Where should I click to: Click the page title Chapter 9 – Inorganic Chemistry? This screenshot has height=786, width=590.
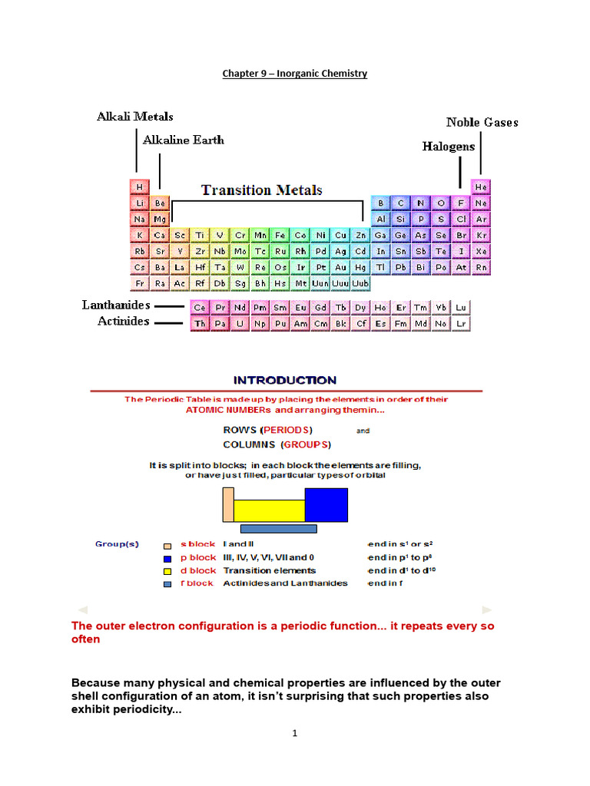coord(295,74)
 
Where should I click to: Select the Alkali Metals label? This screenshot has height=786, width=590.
coord(134,117)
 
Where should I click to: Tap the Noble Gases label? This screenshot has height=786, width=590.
coord(482,122)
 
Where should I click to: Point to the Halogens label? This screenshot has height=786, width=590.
coord(449,146)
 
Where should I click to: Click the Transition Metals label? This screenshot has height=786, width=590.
coord(262,190)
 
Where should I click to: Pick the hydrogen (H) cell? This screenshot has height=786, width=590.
coord(139,187)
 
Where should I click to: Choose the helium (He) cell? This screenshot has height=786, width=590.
coord(481,187)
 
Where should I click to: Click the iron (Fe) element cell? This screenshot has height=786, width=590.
coord(280,235)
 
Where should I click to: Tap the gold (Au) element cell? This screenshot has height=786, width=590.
coord(340,267)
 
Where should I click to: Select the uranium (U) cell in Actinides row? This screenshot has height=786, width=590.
coord(240,324)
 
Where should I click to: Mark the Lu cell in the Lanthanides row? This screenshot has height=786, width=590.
coord(461,307)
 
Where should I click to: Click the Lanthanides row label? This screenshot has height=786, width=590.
coord(116,305)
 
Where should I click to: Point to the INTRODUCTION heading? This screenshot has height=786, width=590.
coord(285,380)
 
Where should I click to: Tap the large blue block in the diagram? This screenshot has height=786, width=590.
coord(326,505)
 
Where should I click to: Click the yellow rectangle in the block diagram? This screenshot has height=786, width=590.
coord(269,510)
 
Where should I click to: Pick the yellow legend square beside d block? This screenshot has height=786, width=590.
coord(167,571)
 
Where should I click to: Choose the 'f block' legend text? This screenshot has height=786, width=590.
coord(197,583)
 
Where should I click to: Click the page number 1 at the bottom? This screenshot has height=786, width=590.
coord(294,733)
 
